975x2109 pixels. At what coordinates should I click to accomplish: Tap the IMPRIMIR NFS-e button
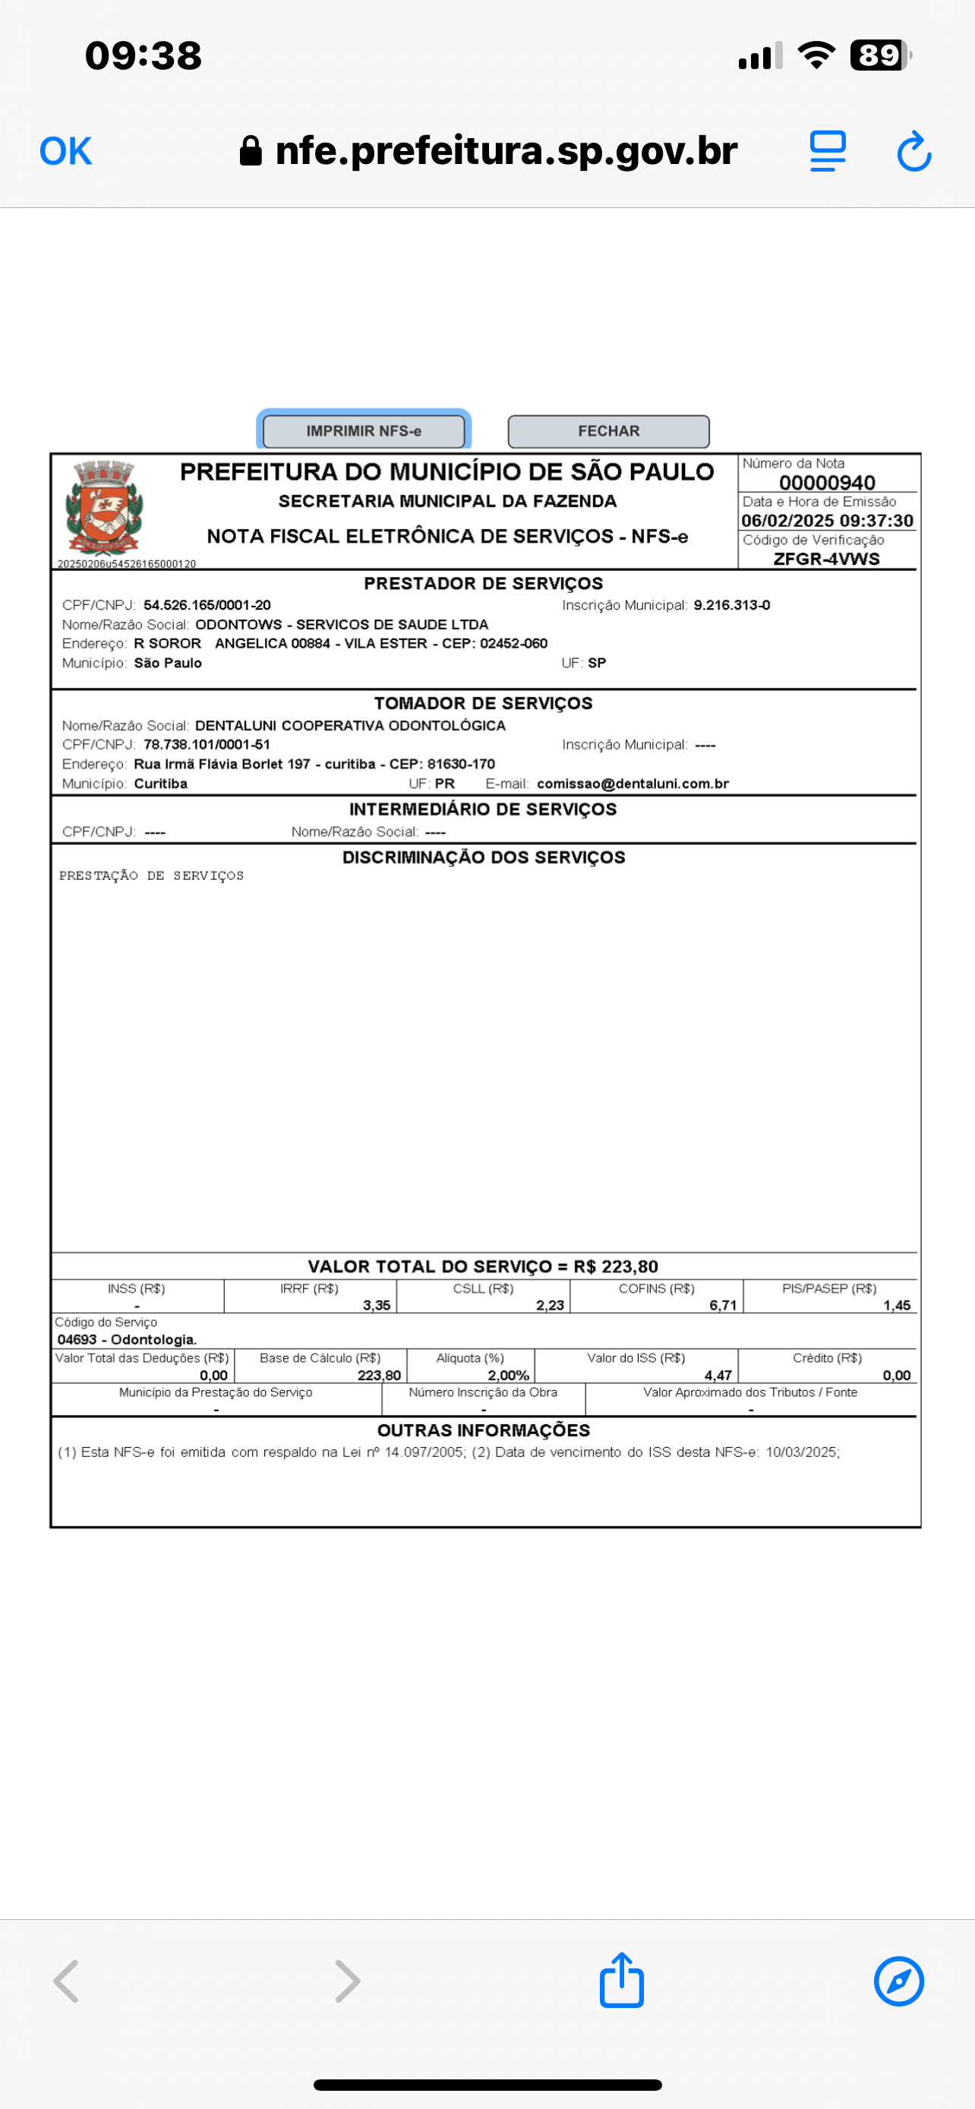point(364,430)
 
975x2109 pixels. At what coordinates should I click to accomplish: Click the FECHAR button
point(608,430)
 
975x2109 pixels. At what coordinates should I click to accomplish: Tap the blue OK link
point(65,152)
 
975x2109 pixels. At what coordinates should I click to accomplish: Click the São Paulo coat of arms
point(104,508)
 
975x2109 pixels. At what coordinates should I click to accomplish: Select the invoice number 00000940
point(827,482)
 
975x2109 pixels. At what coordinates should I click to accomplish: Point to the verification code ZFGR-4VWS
point(827,558)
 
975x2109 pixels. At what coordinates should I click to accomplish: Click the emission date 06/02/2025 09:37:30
point(827,521)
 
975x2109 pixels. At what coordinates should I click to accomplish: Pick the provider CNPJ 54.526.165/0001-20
point(207,605)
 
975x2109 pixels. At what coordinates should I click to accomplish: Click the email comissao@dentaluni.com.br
point(633,783)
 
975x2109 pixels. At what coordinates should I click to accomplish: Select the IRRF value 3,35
point(377,1305)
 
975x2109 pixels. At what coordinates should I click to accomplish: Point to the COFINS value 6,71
point(723,1305)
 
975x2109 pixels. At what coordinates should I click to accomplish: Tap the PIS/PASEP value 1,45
point(897,1305)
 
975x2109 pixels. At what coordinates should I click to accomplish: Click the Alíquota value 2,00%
point(508,1376)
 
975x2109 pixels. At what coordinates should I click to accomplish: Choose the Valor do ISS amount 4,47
point(718,1376)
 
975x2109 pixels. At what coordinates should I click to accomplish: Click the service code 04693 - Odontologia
point(127,1339)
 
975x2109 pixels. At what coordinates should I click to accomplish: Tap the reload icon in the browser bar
point(913,152)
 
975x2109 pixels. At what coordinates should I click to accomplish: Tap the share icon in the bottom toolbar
point(621,1981)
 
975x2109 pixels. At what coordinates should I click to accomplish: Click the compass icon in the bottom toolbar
point(899,1981)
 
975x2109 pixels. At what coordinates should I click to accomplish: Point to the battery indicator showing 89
point(880,55)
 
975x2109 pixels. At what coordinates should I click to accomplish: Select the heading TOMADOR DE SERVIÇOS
point(483,703)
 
